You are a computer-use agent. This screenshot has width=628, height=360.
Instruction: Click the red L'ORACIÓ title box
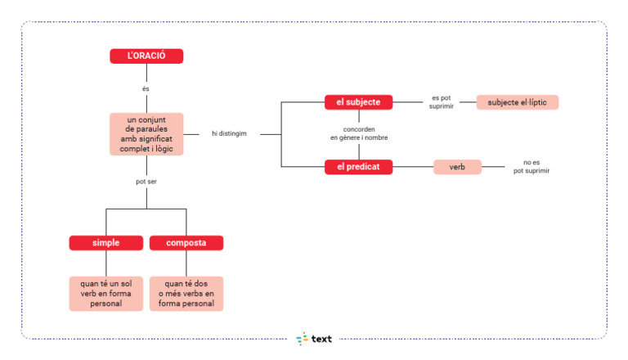pyautogui.click(x=146, y=56)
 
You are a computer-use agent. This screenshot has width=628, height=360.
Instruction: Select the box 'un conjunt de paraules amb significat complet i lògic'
pyautogui.click(x=146, y=134)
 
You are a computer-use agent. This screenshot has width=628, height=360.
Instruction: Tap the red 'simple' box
pyautogui.click(x=106, y=243)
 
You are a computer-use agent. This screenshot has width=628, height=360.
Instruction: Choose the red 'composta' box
pyautogui.click(x=186, y=243)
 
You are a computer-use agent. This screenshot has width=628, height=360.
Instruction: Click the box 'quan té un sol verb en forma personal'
pyautogui.click(x=106, y=294)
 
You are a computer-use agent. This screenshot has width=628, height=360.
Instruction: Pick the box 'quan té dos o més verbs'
pyautogui.click(x=186, y=294)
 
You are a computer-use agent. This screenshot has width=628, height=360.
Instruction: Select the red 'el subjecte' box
pyautogui.click(x=358, y=102)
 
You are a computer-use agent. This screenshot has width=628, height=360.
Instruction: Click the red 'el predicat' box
pyautogui.click(x=358, y=167)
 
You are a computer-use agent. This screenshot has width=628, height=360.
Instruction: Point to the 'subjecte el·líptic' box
pyautogui.click(x=518, y=102)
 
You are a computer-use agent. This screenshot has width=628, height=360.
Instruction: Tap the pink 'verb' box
pyautogui.click(x=457, y=167)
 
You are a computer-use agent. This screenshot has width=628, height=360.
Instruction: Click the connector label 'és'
pyautogui.click(x=146, y=88)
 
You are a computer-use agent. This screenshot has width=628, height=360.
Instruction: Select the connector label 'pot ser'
pyautogui.click(x=146, y=182)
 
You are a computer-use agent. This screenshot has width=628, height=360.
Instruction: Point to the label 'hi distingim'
pyautogui.click(x=229, y=133)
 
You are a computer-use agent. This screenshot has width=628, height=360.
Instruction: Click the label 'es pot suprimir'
pyautogui.click(x=442, y=101)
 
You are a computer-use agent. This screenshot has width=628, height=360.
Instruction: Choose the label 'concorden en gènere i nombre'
pyautogui.click(x=359, y=133)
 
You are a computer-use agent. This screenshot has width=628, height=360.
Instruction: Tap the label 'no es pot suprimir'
pyautogui.click(x=532, y=166)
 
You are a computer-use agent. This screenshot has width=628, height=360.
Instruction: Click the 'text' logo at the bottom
pyautogui.click(x=314, y=339)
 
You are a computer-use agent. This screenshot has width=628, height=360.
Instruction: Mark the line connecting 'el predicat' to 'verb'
pyautogui.click(x=413, y=167)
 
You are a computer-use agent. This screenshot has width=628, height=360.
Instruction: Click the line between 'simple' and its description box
pyautogui.click(x=106, y=263)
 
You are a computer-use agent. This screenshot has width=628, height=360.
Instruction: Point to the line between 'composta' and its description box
pyautogui.click(x=186, y=263)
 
